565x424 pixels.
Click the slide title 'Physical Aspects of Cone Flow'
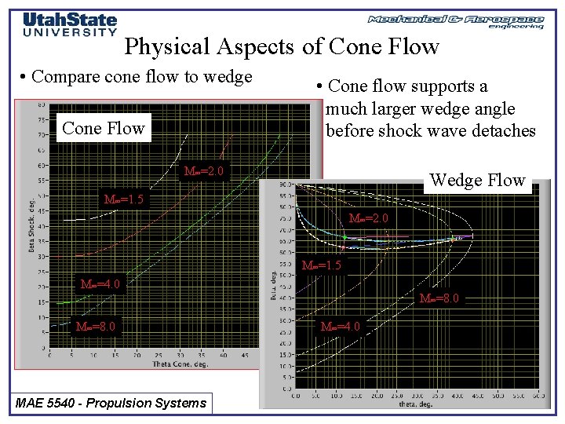282,47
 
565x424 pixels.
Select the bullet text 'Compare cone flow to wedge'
137,77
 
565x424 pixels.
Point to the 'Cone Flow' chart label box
103,129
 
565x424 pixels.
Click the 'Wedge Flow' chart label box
477,181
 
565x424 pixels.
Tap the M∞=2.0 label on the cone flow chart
202,172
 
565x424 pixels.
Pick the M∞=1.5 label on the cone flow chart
124,199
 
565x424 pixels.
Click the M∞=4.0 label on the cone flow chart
100,284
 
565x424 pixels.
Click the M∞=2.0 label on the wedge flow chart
368,217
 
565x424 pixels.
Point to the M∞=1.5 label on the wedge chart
322,265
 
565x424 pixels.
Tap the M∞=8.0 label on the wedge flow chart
439,298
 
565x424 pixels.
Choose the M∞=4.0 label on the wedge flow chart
340,326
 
